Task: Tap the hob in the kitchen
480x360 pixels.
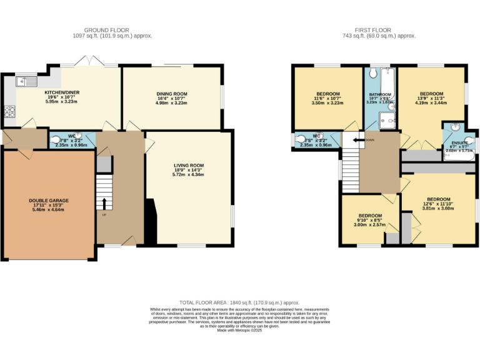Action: (9, 112)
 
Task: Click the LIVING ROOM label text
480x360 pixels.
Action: (189, 166)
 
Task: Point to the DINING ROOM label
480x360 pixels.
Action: (171, 94)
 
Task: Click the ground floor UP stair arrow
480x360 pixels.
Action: (104, 204)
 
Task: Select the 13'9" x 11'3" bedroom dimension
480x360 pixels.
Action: (431, 98)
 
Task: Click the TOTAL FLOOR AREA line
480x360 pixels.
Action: (239, 302)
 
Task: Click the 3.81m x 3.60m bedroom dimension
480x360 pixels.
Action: (437, 208)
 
